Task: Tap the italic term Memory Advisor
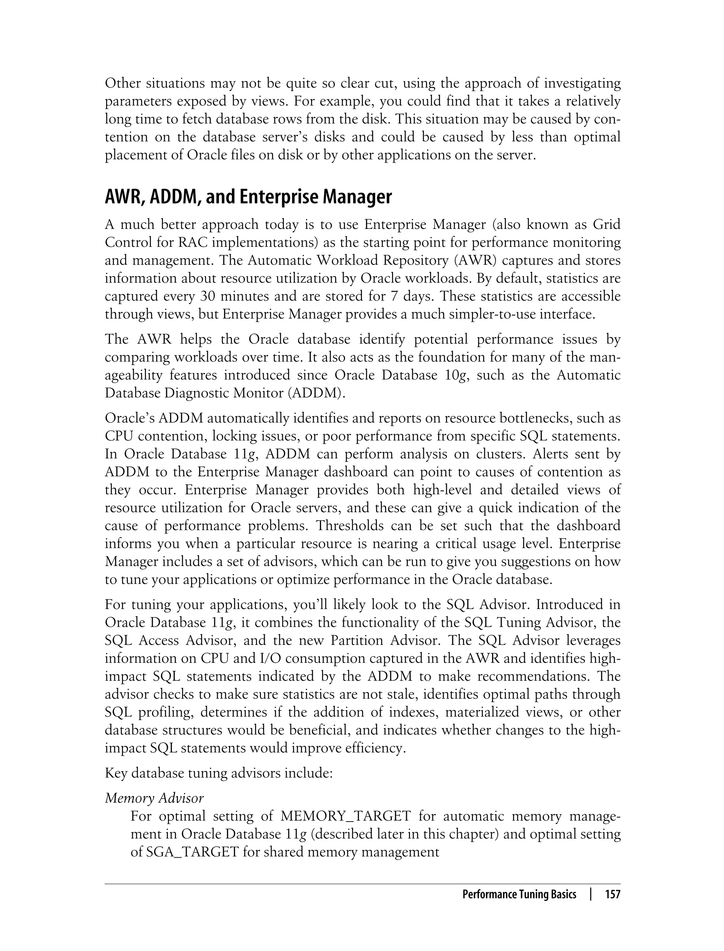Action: (154, 798)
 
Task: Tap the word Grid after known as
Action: (607, 224)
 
